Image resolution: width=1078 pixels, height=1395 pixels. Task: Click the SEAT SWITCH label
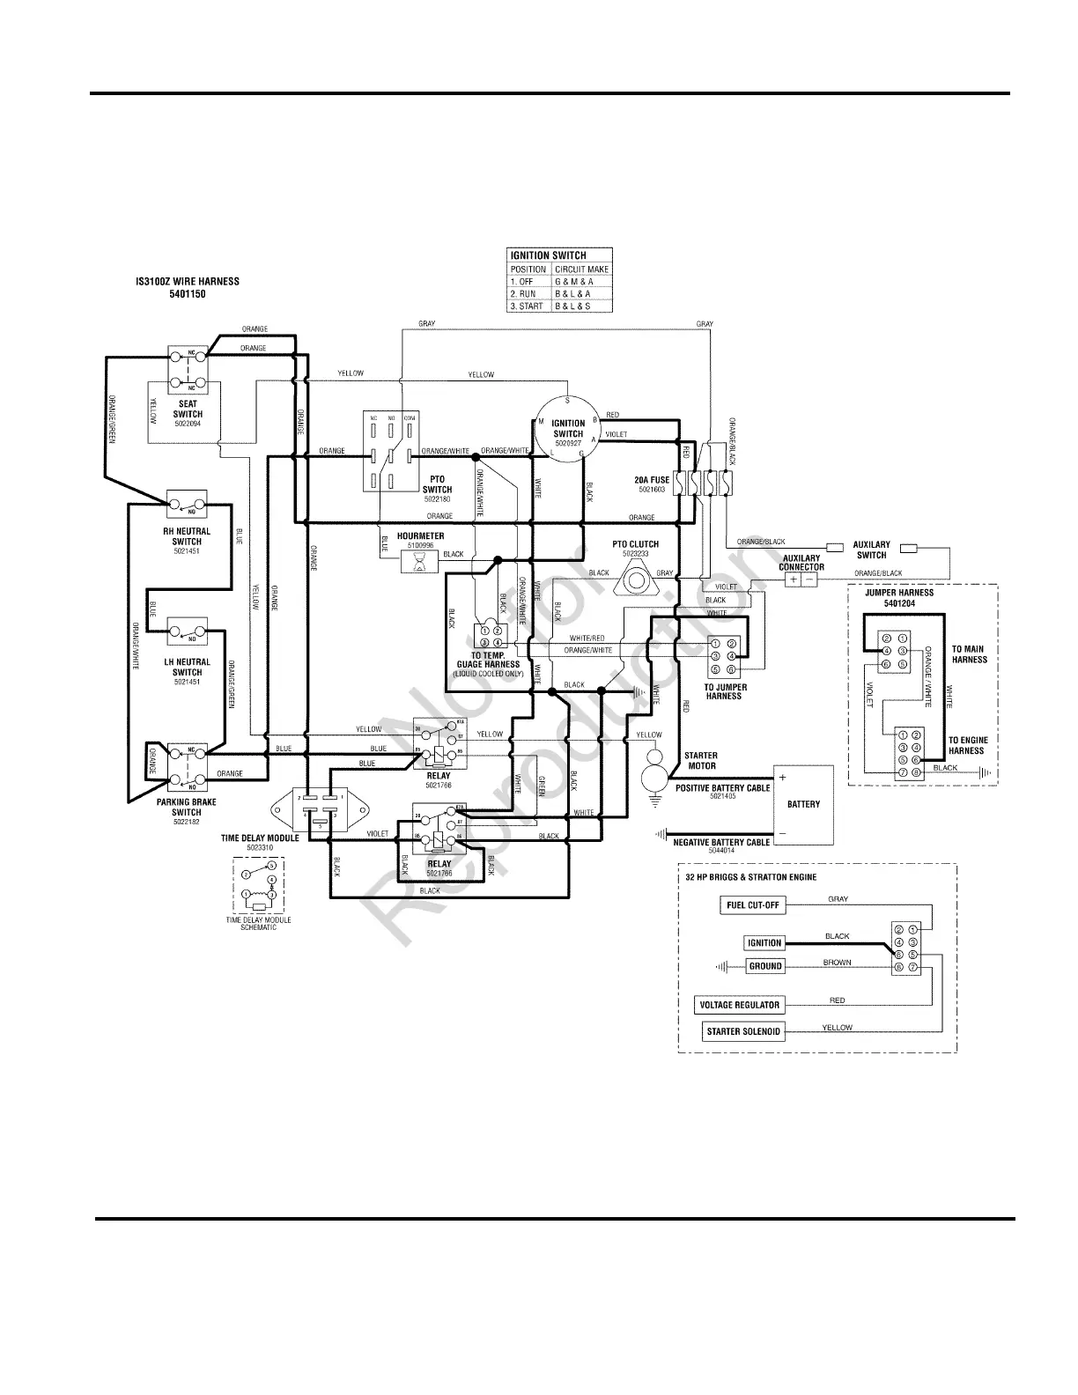188,410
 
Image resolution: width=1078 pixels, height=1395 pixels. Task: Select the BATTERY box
802,803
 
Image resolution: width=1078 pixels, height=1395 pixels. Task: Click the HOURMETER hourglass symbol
420,561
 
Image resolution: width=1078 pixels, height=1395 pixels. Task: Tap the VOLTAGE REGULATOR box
739,1005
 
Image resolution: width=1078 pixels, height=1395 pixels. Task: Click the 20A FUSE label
652,480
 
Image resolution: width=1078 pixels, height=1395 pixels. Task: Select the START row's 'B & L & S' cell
572,306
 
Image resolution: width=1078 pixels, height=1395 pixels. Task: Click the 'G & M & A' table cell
574,282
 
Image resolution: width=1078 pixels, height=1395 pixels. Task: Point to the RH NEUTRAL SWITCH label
187,536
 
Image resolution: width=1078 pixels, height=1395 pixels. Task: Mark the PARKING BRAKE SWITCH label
187,807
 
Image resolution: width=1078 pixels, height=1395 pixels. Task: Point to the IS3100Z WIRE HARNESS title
187,287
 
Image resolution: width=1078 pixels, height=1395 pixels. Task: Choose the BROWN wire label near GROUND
837,963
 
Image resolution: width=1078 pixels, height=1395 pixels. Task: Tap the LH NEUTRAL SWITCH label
187,667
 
